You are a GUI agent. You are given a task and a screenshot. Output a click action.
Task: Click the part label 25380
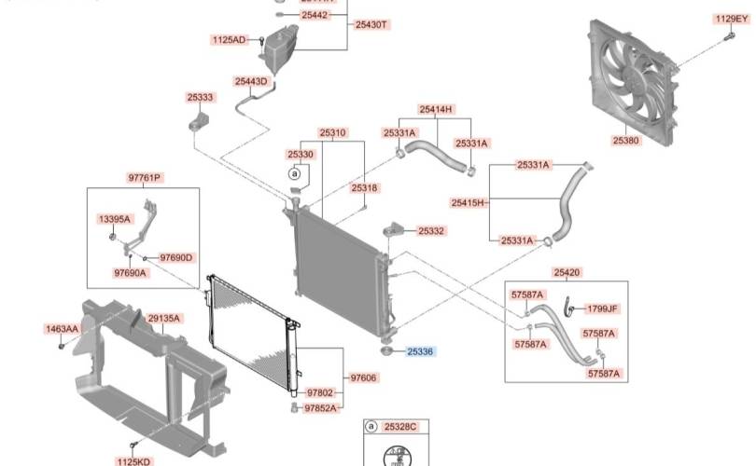(625, 141)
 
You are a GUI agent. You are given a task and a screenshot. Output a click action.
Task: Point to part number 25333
(200, 97)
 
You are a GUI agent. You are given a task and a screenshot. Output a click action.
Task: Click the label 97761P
(145, 177)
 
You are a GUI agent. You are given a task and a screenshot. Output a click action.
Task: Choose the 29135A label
(164, 319)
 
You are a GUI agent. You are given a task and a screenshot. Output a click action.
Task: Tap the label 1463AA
(62, 329)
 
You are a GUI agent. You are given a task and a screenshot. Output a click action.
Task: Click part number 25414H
(435, 109)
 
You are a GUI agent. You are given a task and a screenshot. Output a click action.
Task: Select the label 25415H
(469, 202)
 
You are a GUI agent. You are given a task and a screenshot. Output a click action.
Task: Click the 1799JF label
(602, 308)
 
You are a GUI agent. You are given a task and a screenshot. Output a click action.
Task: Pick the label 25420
(567, 272)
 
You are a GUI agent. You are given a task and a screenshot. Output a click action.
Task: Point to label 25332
(431, 230)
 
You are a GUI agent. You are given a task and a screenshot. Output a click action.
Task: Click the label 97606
(363, 377)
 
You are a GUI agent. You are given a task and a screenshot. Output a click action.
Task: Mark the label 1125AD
(229, 40)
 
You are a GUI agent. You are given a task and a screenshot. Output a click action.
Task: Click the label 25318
(365, 188)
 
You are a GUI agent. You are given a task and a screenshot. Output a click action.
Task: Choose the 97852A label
(321, 408)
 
